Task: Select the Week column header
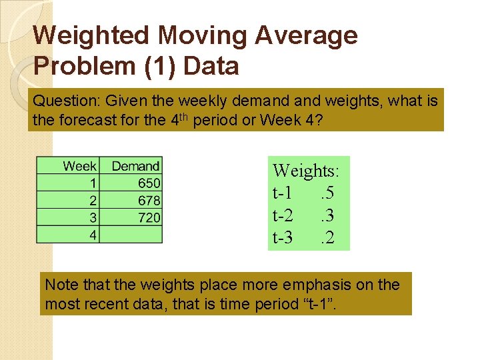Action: [x=80, y=165]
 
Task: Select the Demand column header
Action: [x=135, y=165]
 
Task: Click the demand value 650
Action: [x=149, y=183]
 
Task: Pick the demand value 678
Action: [x=149, y=200]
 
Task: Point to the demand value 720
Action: [x=149, y=217]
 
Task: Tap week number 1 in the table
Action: [x=93, y=183]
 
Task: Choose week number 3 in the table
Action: [x=93, y=217]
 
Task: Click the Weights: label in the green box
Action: [x=306, y=171]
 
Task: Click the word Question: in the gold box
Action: [x=61, y=102]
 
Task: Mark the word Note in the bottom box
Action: [x=59, y=285]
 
